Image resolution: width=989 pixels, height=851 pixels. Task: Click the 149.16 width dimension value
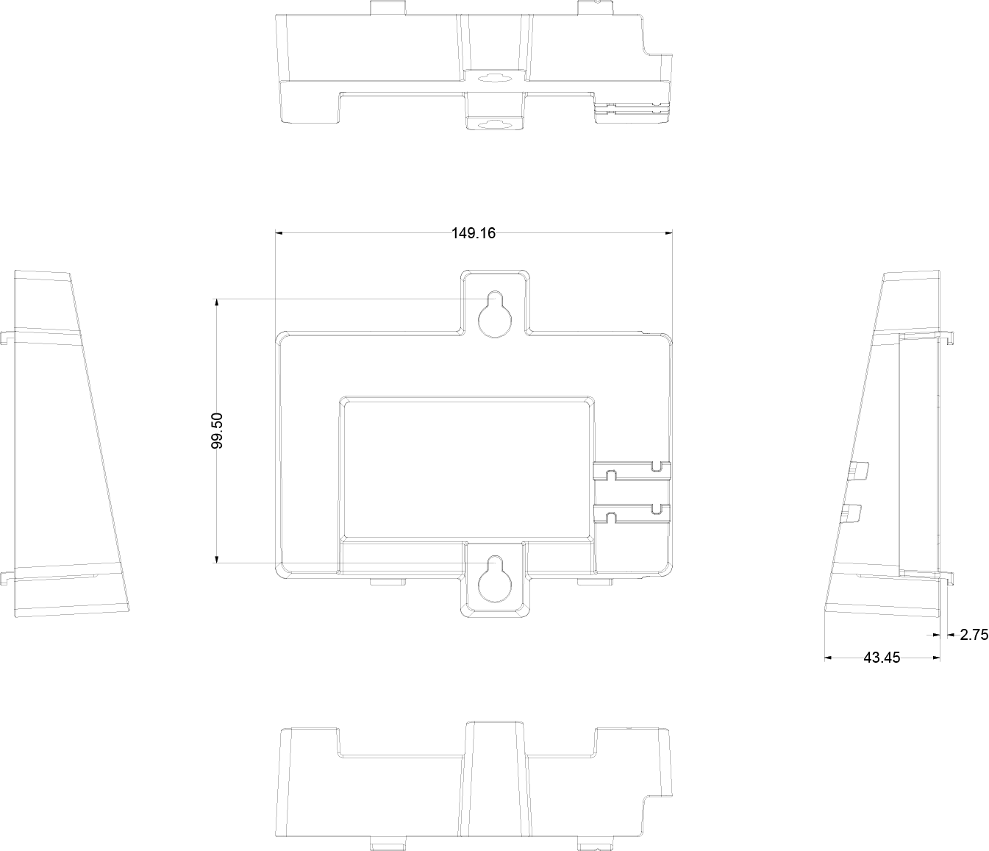[x=474, y=233]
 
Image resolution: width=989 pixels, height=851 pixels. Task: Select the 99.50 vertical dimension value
[x=217, y=430]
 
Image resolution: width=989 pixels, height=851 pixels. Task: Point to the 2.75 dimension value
[x=974, y=635]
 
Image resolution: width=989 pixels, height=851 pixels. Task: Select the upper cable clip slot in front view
[x=631, y=471]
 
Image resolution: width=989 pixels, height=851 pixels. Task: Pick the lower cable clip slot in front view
[x=631, y=513]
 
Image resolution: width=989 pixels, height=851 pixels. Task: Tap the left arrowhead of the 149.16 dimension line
[x=279, y=233]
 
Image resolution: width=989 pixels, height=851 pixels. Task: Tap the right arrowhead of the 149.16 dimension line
[x=668, y=233]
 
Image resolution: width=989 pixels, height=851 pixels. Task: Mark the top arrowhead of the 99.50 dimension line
[x=217, y=303]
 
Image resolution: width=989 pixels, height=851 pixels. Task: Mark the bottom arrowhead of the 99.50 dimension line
[x=217, y=558]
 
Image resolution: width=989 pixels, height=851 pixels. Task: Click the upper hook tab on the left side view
[x=7, y=338]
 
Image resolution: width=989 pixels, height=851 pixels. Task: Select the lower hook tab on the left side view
[x=7, y=577]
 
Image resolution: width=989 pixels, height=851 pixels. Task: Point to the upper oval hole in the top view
[x=495, y=77]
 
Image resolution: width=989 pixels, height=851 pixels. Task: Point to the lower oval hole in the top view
[x=495, y=125]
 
